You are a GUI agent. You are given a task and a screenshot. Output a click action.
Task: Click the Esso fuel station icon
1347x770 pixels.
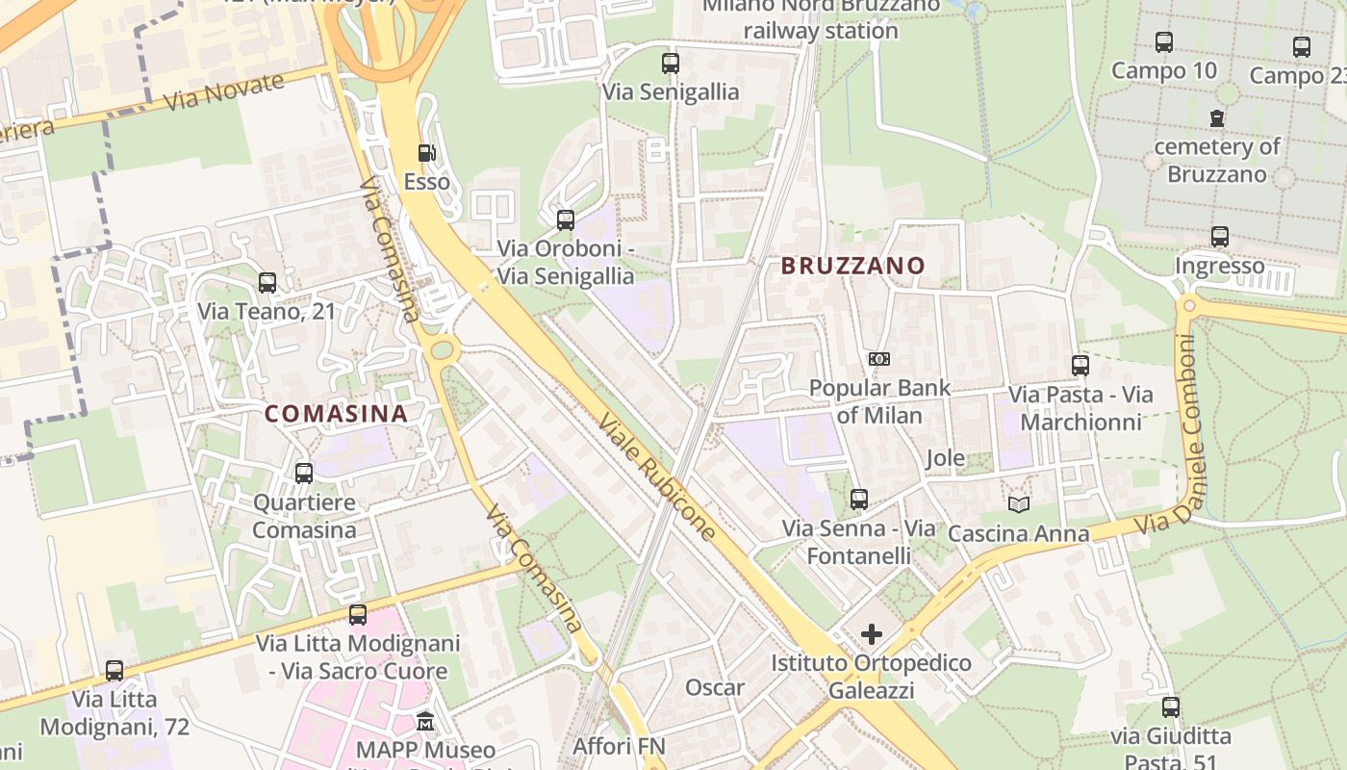[425, 153]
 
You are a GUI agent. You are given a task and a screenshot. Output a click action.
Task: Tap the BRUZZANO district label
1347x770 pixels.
[852, 266]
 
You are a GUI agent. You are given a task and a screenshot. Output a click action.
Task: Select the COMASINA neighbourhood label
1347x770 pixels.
[336, 414]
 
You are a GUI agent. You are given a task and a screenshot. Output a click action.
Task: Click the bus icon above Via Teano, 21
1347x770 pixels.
[267, 283]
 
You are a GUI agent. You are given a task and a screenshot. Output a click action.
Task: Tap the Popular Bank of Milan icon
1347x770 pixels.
[878, 359]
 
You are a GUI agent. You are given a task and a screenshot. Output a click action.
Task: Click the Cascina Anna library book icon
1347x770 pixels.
[1018, 504]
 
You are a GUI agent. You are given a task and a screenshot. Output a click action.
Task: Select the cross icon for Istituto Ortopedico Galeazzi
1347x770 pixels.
[872, 634]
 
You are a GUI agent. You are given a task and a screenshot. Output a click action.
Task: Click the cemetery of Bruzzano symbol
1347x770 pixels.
[1217, 118]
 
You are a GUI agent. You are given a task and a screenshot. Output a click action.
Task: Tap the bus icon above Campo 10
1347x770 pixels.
[1164, 42]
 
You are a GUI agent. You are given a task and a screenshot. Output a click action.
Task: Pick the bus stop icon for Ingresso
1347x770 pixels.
[1220, 237]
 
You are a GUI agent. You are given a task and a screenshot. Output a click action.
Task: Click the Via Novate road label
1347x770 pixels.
[224, 91]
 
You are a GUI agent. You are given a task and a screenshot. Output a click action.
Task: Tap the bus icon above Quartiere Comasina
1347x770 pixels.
[304, 474]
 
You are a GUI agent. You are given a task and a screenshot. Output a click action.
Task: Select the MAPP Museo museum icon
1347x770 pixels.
[425, 721]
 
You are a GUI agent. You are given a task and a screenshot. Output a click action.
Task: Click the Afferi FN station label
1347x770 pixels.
[619, 746]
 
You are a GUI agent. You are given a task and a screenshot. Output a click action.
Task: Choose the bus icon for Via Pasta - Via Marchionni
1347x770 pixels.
[1080, 366]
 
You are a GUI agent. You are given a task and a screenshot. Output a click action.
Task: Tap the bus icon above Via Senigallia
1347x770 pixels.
[671, 64]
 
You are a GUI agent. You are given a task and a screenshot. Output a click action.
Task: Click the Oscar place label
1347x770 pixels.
[715, 687]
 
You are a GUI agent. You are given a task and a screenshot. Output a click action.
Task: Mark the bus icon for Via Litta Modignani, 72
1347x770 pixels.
[114, 671]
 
